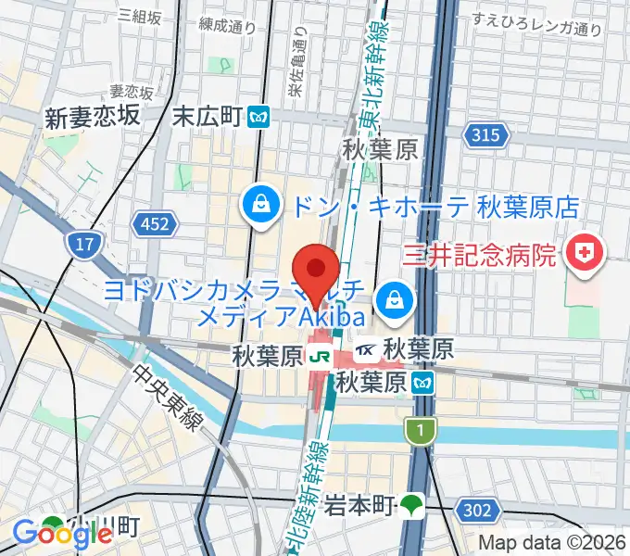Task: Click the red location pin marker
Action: [317, 272]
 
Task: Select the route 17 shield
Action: [82, 245]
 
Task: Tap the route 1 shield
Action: [419, 429]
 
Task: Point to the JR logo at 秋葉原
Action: [321, 354]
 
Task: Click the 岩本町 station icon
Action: [411, 505]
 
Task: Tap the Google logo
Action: [62, 533]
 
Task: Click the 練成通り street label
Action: [227, 25]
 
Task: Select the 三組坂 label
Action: [140, 16]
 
